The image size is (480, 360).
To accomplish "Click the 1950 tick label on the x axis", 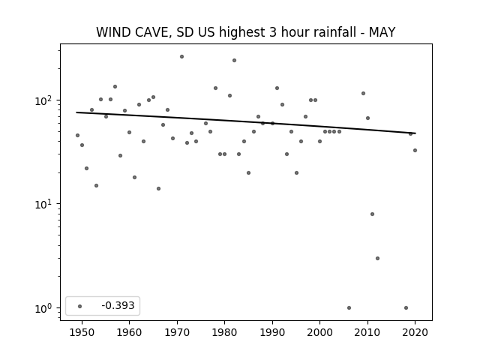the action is [82, 332].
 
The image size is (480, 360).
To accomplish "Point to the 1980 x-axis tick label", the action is [224, 332].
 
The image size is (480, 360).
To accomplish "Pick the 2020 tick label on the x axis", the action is [415, 332].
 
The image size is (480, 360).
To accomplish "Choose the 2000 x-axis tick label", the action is [319, 332].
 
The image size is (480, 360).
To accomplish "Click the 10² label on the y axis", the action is [43, 100].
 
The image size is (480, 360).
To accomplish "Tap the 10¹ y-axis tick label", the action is [43, 204].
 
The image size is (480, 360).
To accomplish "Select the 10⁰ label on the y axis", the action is [43, 307].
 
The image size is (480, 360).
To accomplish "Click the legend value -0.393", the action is [118, 305].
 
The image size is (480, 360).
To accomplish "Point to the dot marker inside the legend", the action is [80, 306].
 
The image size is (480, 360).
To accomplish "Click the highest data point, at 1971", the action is [181, 57].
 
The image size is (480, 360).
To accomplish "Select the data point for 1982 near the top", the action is [234, 60].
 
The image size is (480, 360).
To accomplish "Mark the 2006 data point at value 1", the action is [349, 307].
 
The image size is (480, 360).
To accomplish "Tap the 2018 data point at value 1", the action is [406, 307].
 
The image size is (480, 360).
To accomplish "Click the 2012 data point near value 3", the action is [377, 258].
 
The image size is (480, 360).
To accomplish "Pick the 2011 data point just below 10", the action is [372, 214].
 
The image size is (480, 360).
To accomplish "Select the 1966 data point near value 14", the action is [158, 188].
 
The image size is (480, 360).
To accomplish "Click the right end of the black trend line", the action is [415, 133].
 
